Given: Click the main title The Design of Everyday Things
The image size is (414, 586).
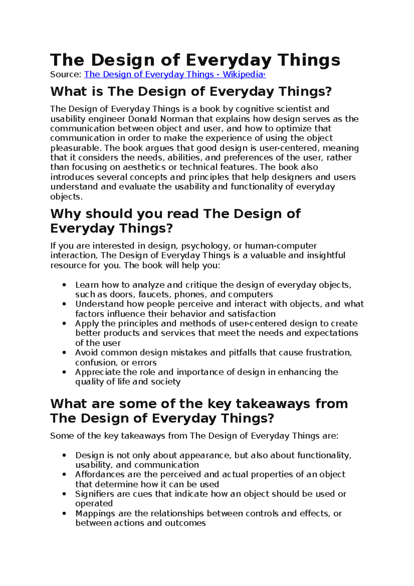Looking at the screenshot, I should pos(195,60).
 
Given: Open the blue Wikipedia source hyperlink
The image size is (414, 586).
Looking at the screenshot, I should pos(175,75).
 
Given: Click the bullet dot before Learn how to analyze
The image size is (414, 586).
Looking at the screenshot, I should pos(64,285).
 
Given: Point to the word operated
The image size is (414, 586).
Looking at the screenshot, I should pos(94,504).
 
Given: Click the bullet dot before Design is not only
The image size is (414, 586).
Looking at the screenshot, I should pos(64,456).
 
